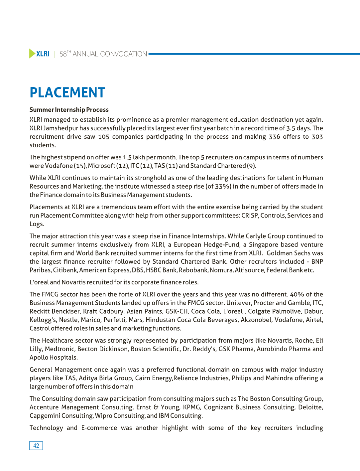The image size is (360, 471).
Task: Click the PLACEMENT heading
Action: coord(67,92)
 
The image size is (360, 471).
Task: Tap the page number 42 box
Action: coord(36,446)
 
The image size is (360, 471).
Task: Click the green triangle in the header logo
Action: coord(32,54)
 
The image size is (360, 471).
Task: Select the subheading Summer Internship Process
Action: coord(69,110)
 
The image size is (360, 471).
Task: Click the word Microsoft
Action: coord(101,166)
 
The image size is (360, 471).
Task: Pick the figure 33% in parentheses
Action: coord(223,186)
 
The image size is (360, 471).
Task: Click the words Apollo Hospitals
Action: coord(54,358)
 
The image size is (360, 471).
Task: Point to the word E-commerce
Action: coord(99,428)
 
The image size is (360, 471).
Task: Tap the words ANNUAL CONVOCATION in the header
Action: coord(110,54)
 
